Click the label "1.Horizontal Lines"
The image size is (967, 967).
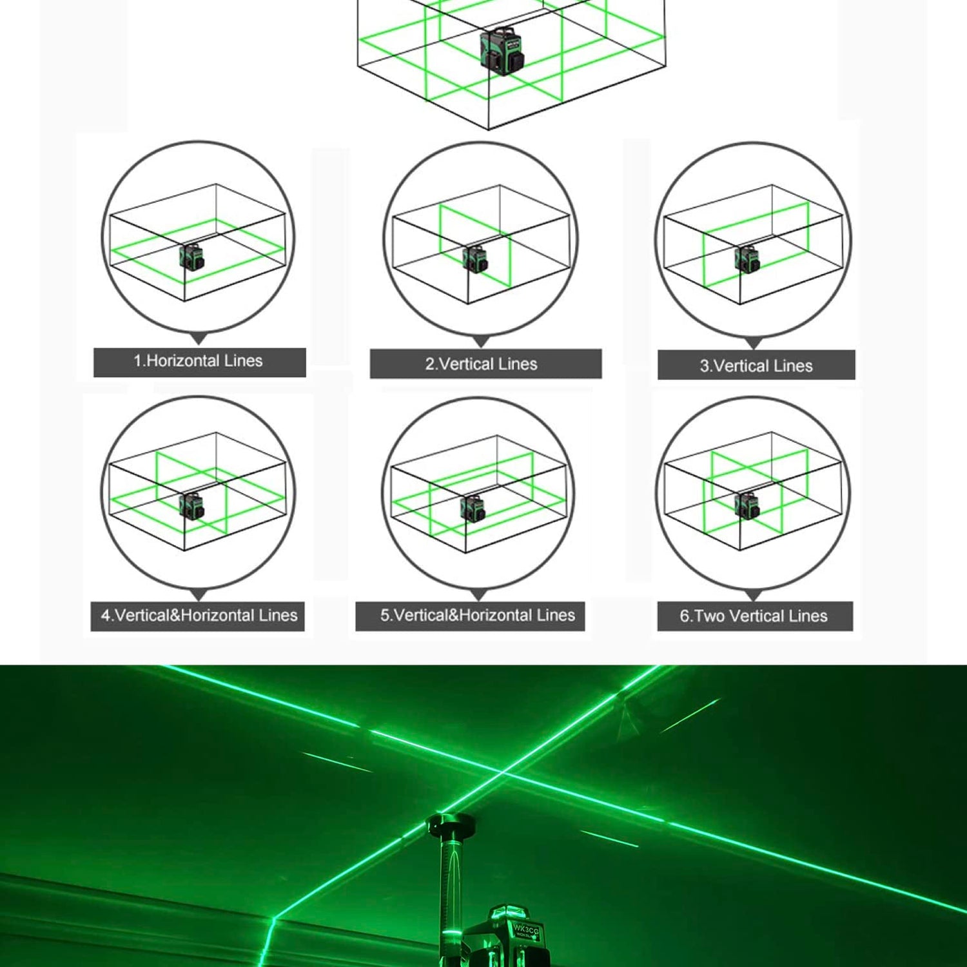(198, 361)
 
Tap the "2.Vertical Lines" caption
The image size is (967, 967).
(481, 364)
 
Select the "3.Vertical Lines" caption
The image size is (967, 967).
(756, 366)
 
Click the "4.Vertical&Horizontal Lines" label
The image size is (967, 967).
(199, 616)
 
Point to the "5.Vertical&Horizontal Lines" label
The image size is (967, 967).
(477, 616)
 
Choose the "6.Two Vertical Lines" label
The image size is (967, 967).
(754, 616)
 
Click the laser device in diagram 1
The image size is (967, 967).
(191, 257)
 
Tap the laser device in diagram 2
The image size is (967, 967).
(474, 259)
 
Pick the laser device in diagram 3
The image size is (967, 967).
(747, 259)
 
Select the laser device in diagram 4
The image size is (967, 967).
(191, 505)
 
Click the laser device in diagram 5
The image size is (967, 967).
(473, 508)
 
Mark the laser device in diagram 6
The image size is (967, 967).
(747, 505)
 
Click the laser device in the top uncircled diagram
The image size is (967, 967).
(502, 51)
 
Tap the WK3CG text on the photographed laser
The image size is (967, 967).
(525, 930)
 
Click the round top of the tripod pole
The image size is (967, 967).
(451, 823)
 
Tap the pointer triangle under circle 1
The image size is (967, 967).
(199, 338)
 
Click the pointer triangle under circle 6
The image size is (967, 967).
(754, 596)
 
